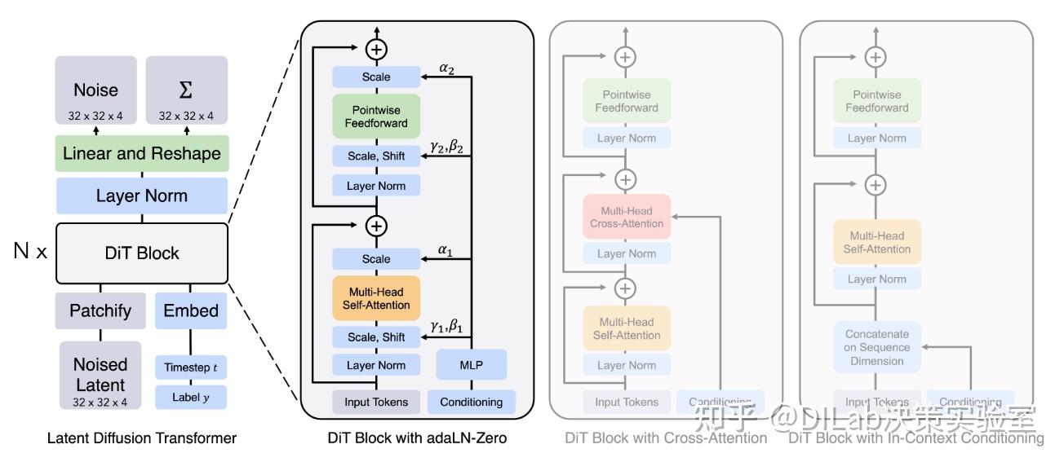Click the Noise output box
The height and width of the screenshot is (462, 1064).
pyautogui.click(x=96, y=90)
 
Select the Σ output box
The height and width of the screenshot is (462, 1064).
pyautogui.click(x=186, y=90)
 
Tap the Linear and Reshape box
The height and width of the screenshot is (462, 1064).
pyautogui.click(x=141, y=153)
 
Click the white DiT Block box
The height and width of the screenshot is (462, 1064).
pyautogui.click(x=141, y=253)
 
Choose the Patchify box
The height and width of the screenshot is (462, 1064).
pyautogui.click(x=100, y=310)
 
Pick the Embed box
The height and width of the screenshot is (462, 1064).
pyautogui.click(x=191, y=310)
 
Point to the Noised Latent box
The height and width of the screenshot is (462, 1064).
pyautogui.click(x=100, y=374)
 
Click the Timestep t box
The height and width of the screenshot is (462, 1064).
pyautogui.click(x=191, y=367)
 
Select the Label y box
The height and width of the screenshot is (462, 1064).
pyautogui.click(x=191, y=398)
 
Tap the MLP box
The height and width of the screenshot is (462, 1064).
pyautogui.click(x=472, y=365)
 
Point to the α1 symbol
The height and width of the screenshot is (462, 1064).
pyautogui.click(x=446, y=250)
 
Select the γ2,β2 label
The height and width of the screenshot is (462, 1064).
pyautogui.click(x=446, y=147)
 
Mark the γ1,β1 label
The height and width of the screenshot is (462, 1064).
pyautogui.click(x=446, y=328)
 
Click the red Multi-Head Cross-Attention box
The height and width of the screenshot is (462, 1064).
pyautogui.click(x=626, y=217)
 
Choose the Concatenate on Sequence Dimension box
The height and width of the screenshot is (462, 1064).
pyautogui.click(x=876, y=347)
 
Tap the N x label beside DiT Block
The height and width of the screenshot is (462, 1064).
pyautogui.click(x=30, y=252)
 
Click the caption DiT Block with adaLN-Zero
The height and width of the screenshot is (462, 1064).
pyautogui.click(x=417, y=438)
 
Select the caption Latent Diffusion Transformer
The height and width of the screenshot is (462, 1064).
pyautogui.click(x=141, y=438)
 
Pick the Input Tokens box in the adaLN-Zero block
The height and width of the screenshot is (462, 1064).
pyautogui.click(x=376, y=402)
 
